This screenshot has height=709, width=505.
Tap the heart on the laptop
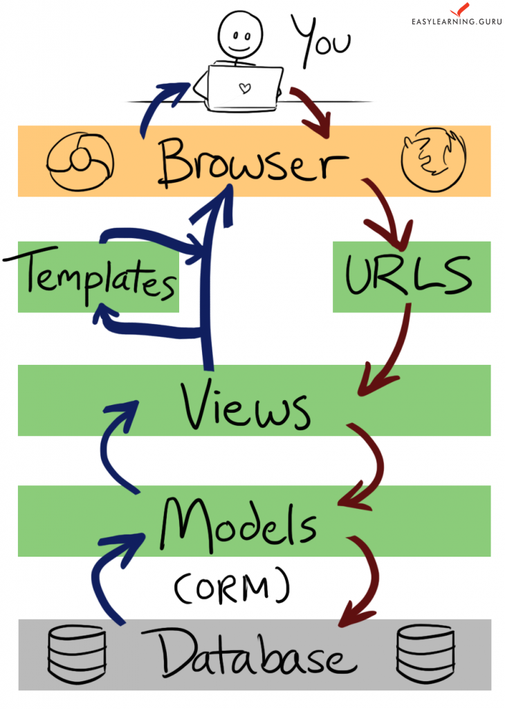click(244, 88)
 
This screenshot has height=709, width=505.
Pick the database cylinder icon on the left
click(76, 654)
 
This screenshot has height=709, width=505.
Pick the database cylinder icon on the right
click(425, 654)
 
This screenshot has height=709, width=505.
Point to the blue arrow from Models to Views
click(114, 450)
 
